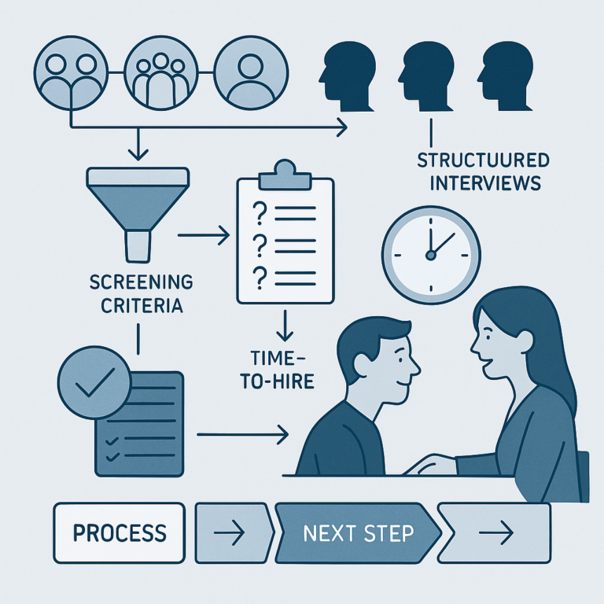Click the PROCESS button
click(x=119, y=532)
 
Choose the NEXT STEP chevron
click(x=358, y=533)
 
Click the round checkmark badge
click(x=94, y=382)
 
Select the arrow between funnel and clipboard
click(x=203, y=234)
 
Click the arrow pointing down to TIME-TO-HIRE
click(x=285, y=324)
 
